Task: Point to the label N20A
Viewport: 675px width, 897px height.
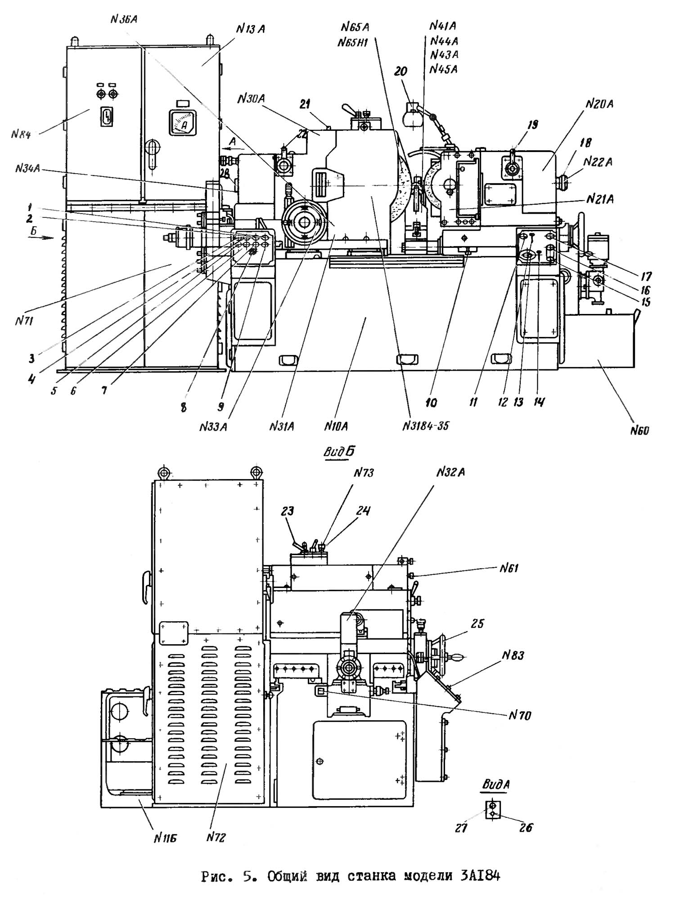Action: coord(599,104)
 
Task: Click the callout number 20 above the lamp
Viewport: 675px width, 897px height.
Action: coord(400,71)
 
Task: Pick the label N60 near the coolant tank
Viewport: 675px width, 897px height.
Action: coord(639,431)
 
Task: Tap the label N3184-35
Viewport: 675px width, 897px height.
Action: coord(425,425)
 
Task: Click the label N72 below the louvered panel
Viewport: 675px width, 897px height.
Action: coord(216,837)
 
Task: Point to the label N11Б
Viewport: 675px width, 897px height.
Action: coord(164,838)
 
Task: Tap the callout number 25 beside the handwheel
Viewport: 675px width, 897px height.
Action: coord(477,623)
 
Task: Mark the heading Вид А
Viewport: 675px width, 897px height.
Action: coord(496,785)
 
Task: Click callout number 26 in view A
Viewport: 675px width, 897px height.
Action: coord(526,828)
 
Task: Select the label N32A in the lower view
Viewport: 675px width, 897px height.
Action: coord(450,472)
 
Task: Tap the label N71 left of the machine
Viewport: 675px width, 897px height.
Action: coord(25,321)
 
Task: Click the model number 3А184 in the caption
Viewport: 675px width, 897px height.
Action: coord(480,876)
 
